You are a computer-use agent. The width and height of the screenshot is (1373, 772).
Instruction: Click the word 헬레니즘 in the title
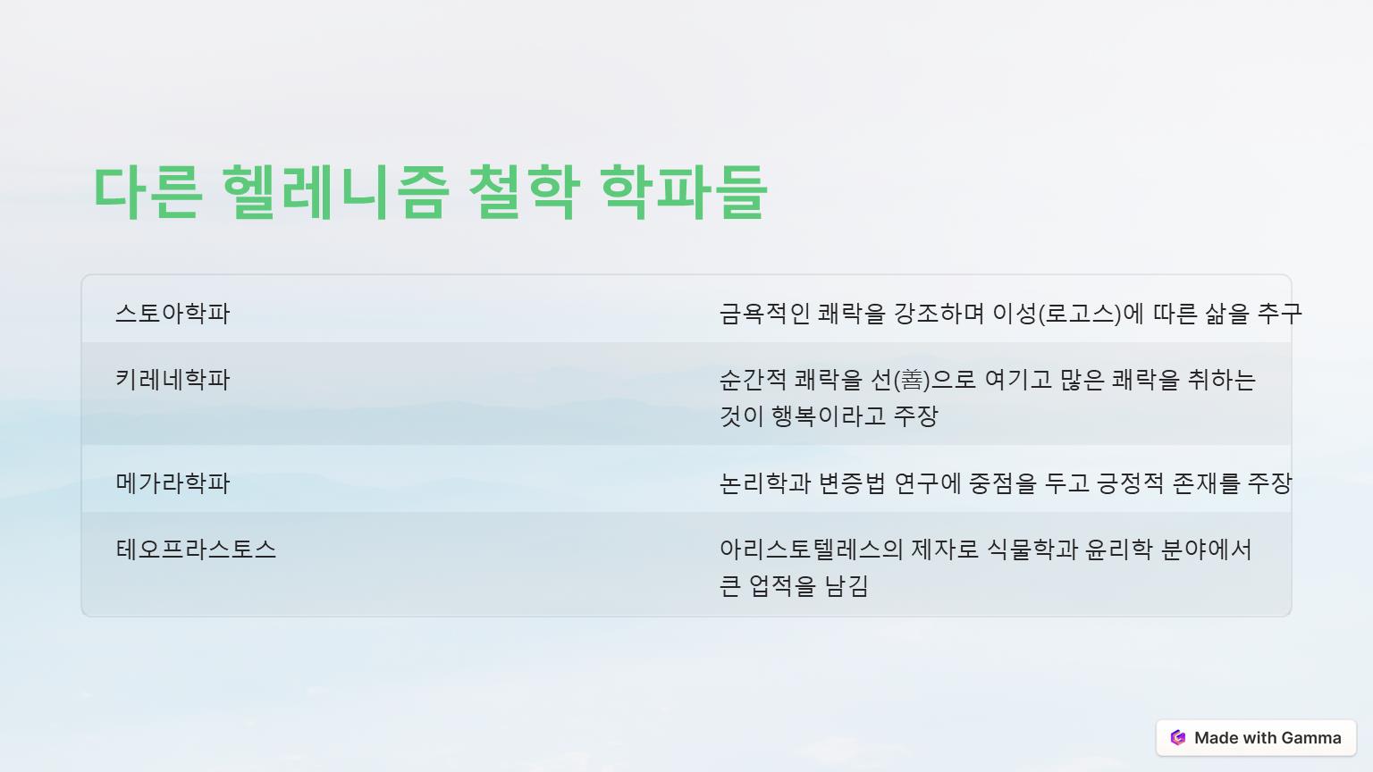pyautogui.click(x=336, y=192)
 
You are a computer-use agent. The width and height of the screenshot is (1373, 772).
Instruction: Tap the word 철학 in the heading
pyautogui.click(x=525, y=192)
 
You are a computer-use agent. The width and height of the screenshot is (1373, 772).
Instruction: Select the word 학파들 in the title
pyautogui.click(x=684, y=192)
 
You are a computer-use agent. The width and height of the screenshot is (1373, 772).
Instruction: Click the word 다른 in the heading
pyautogui.click(x=147, y=192)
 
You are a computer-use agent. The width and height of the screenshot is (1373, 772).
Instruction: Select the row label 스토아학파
pyautogui.click(x=173, y=313)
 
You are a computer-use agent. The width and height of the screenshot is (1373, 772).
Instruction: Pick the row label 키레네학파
pyautogui.click(x=173, y=379)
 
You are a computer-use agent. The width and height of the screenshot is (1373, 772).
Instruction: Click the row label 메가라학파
pyautogui.click(x=173, y=482)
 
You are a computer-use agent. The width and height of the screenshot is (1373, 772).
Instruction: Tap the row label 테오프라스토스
pyautogui.click(x=196, y=549)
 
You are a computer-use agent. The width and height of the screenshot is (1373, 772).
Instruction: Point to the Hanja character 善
pyautogui.click(x=912, y=380)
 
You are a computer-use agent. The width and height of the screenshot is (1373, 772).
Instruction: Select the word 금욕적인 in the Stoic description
pyautogui.click(x=764, y=314)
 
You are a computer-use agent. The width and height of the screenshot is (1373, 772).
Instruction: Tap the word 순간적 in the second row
pyautogui.click(x=753, y=380)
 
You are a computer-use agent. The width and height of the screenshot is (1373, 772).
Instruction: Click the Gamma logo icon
pyautogui.click(x=1177, y=738)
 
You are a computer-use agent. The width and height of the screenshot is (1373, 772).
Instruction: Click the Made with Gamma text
pyautogui.click(x=1268, y=738)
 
